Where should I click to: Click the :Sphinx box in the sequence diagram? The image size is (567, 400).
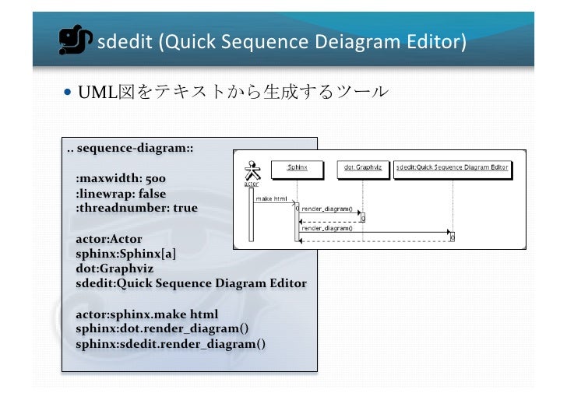[297, 167]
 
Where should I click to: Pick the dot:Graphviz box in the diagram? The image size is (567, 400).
[362, 167]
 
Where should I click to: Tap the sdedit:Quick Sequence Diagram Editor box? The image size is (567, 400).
[452, 167]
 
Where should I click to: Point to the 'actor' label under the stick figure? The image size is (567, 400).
[251, 184]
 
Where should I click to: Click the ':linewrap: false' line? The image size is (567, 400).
[120, 193]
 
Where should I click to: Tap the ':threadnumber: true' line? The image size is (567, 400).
[136, 208]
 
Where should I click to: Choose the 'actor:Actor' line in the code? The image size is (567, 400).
[108, 238]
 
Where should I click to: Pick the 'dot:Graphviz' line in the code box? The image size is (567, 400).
[112, 268]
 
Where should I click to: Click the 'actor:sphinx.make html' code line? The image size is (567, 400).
[146, 314]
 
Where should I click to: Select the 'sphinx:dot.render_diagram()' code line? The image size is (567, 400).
[162, 328]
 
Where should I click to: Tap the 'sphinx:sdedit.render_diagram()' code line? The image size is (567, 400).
[170, 343]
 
